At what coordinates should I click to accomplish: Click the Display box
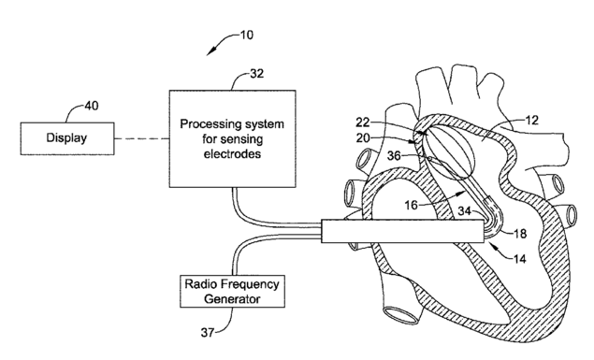[67, 138]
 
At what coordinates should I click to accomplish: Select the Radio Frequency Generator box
[232, 291]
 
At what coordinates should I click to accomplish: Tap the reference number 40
[92, 106]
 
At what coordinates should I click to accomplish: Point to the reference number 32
[256, 74]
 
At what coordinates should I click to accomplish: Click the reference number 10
[246, 36]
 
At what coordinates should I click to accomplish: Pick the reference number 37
[208, 332]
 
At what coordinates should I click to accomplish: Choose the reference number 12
[532, 121]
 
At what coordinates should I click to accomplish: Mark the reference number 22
[363, 122]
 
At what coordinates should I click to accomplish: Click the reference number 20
[363, 138]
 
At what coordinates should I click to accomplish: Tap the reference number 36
[394, 155]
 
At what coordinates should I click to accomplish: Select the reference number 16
[411, 205]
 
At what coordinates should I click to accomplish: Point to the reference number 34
[464, 210]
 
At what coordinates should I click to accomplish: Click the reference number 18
[520, 234]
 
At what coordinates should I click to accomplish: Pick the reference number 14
[520, 259]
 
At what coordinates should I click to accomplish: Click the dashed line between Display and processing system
[141, 138]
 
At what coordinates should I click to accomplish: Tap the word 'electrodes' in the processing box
[232, 154]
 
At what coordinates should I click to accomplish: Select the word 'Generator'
[232, 299]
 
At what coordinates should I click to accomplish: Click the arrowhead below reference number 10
[210, 51]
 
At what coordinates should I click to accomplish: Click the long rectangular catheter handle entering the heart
[402, 231]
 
